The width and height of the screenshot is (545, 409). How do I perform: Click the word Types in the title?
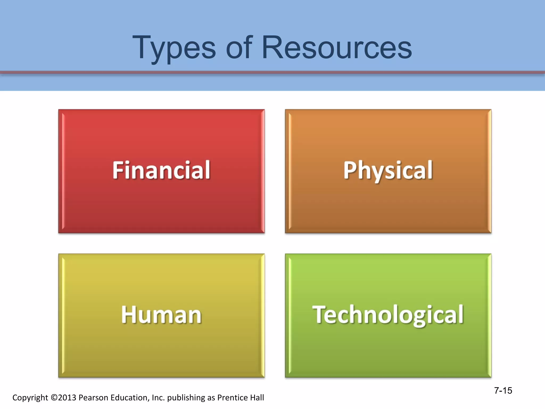click(x=174, y=48)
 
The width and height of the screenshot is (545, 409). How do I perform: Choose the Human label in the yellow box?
click(x=161, y=315)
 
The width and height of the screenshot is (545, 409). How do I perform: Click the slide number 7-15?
click(x=503, y=390)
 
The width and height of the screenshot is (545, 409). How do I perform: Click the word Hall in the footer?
click(x=256, y=397)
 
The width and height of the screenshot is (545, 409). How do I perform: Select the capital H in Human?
click(x=128, y=315)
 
